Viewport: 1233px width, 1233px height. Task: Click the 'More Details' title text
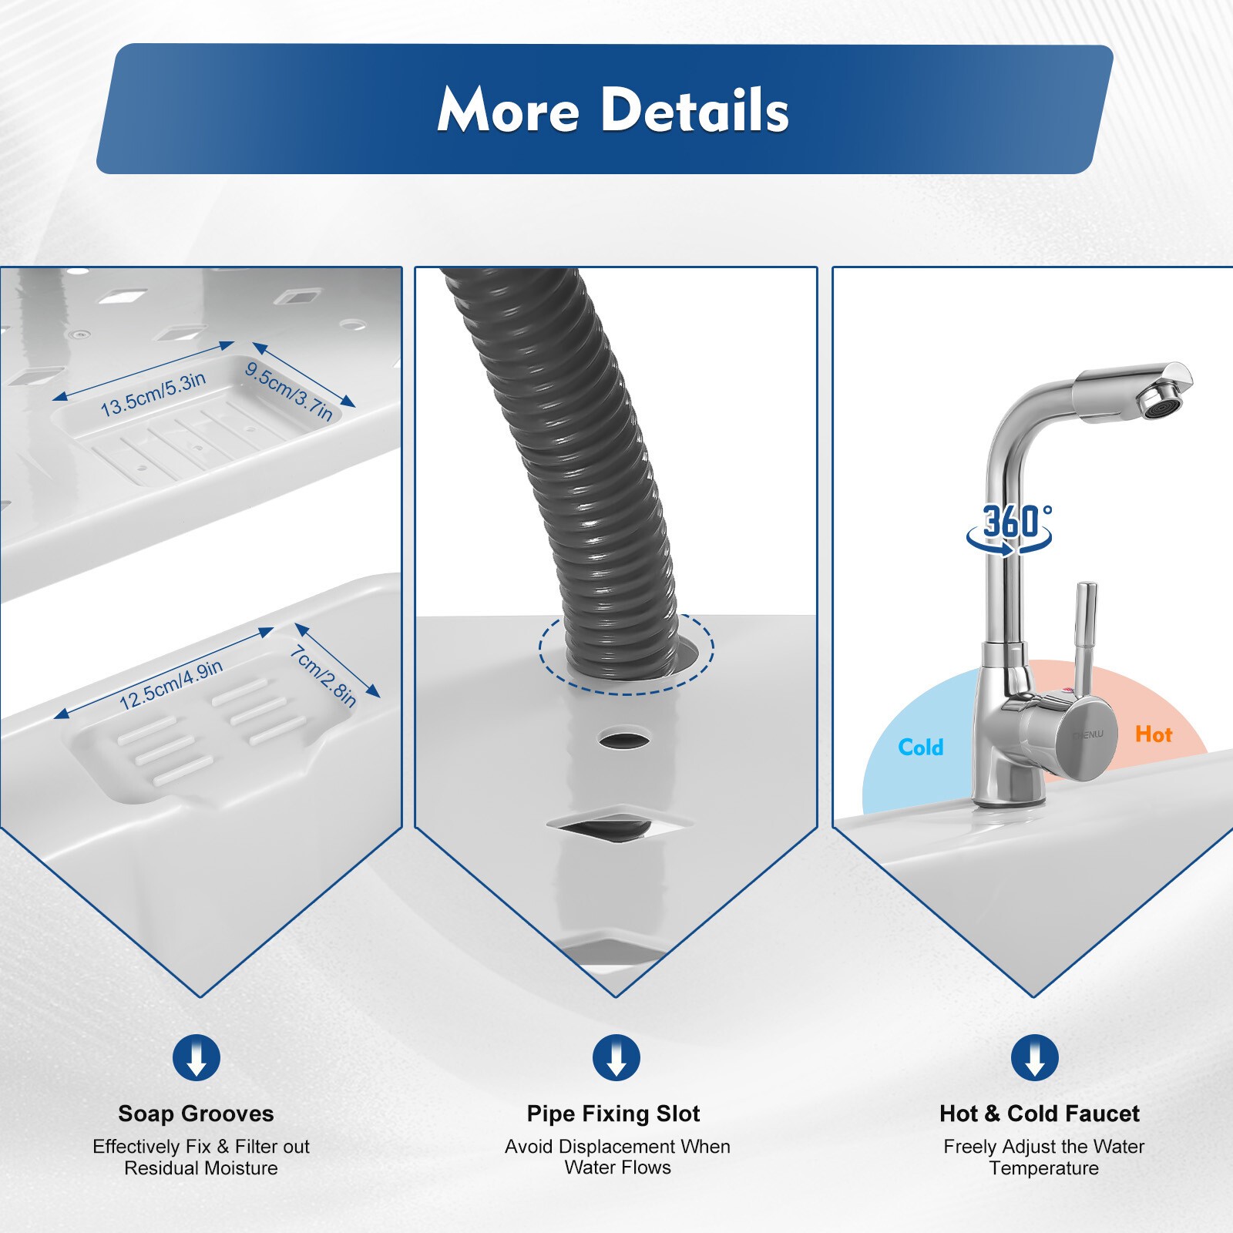[x=613, y=109]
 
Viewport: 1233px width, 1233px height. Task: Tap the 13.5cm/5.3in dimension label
[x=153, y=394]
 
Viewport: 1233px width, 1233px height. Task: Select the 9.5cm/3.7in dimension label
[x=289, y=391]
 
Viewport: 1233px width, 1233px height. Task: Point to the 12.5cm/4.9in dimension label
[x=171, y=684]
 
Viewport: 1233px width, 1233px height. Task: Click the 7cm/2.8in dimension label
[x=323, y=676]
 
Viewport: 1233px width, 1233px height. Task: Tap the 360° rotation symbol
[x=1010, y=528]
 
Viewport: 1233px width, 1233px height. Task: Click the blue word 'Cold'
[x=921, y=748]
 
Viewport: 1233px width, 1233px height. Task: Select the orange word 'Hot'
[x=1154, y=734]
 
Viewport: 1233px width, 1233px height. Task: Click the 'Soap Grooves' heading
[x=196, y=1114]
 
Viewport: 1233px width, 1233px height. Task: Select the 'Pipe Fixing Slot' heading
[x=613, y=1114]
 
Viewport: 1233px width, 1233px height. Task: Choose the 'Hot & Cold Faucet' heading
[x=1040, y=1114]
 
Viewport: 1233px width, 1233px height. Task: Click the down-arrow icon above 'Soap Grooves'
[x=197, y=1057]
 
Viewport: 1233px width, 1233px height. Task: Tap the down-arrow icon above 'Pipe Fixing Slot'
[x=616, y=1057]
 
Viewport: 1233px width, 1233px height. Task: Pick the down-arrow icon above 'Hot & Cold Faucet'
[x=1035, y=1057]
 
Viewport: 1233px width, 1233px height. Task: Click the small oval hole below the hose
[x=624, y=740]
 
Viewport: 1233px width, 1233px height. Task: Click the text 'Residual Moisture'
[x=201, y=1168]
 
